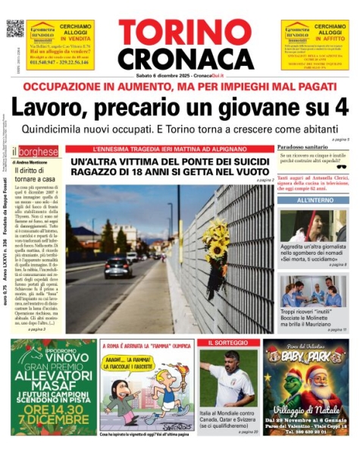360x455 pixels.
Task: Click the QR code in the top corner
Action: [x=14, y=29]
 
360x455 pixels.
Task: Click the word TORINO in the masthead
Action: [x=184, y=34]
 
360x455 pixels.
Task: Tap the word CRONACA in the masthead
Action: [x=184, y=58]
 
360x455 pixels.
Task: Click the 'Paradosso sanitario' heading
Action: [x=302, y=146]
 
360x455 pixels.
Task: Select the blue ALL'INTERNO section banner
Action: [x=311, y=201]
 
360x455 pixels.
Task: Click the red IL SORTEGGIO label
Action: [x=225, y=344]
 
